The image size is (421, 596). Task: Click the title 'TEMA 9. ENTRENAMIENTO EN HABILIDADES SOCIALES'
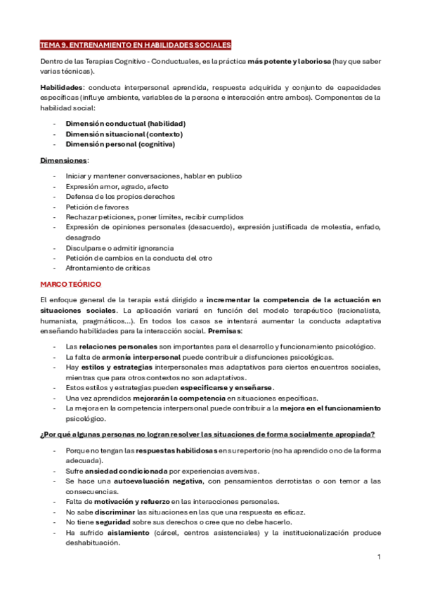click(x=135, y=45)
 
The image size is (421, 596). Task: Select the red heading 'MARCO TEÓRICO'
click(x=70, y=284)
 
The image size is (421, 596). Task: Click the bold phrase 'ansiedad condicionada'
click(x=122, y=470)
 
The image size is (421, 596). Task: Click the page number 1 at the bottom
click(x=379, y=557)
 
